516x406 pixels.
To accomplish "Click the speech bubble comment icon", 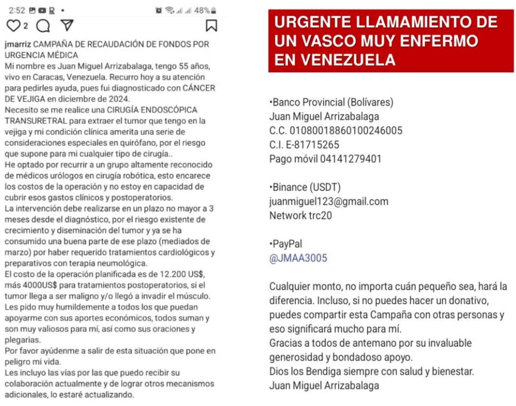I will (x=43, y=25).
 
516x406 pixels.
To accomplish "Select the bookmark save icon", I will (x=211, y=25).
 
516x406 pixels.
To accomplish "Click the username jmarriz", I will (x=18, y=44).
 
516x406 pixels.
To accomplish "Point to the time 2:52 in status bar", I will (x=17, y=10).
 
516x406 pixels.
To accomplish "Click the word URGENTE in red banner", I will (x=310, y=22).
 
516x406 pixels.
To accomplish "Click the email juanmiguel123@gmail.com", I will (x=329, y=201).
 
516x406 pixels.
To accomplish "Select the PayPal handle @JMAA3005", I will (x=298, y=258).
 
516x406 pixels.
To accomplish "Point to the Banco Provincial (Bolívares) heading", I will (x=332, y=102).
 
